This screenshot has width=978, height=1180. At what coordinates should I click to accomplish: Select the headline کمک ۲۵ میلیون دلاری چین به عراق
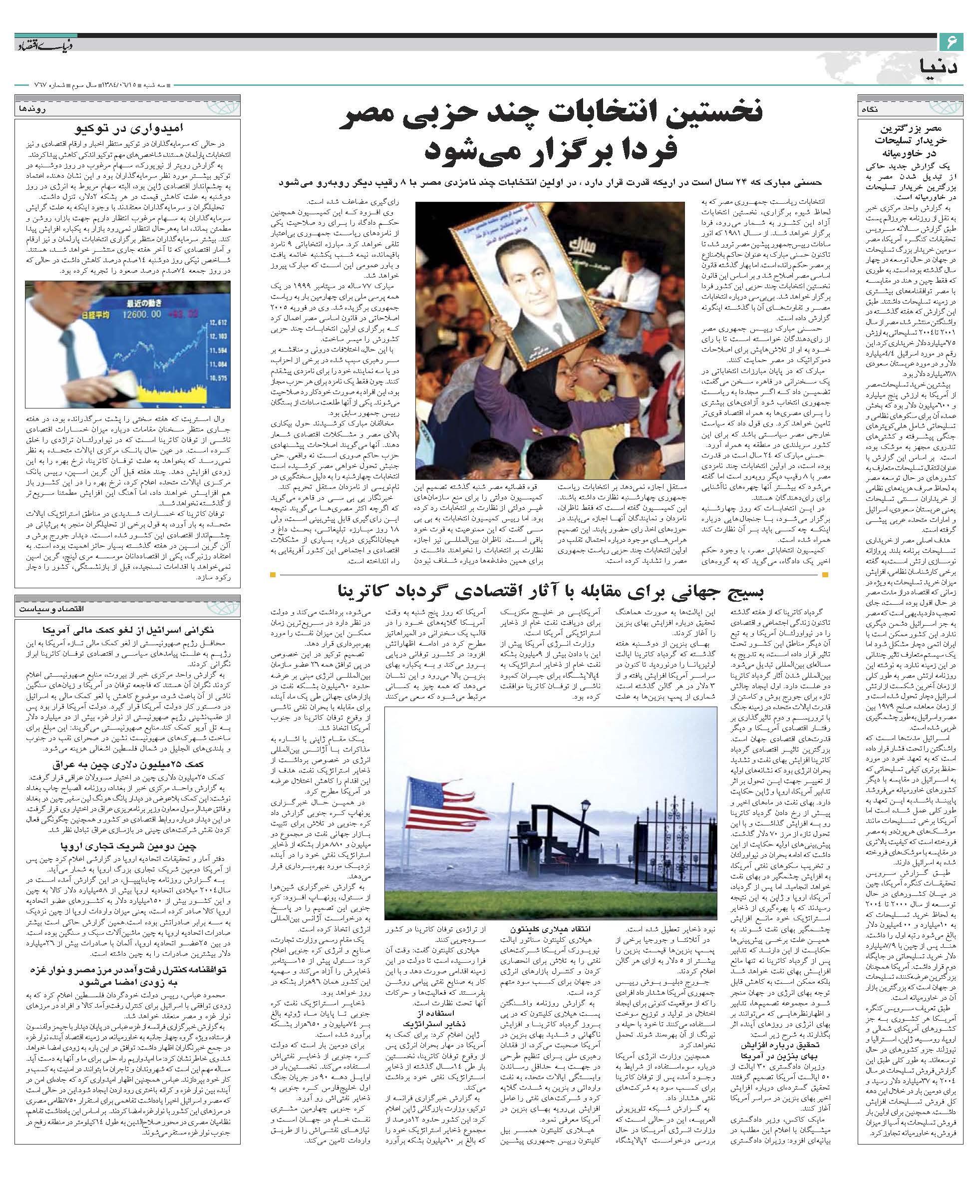pyautogui.click(x=128, y=764)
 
